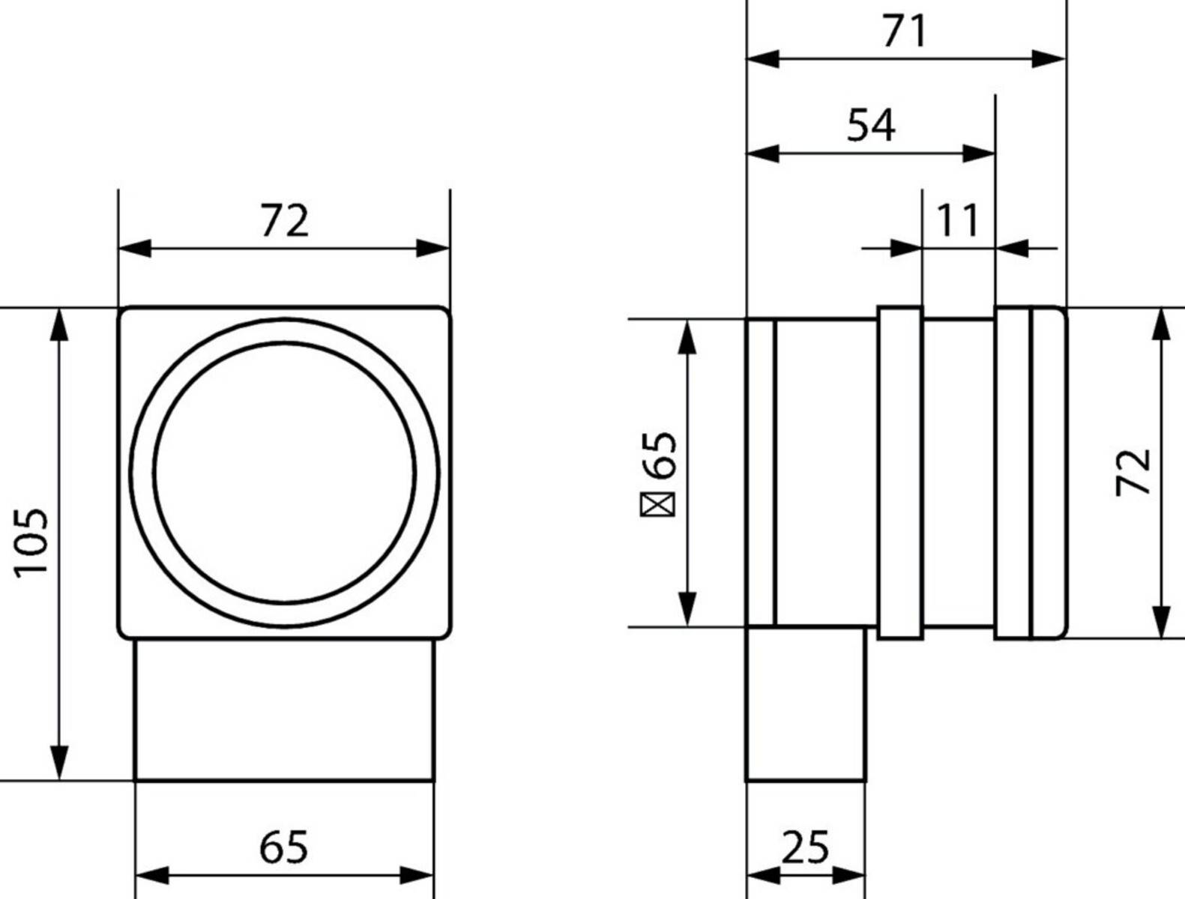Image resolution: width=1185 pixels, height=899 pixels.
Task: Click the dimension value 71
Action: (x=905, y=31)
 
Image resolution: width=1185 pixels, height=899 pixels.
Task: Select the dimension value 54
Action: (x=871, y=125)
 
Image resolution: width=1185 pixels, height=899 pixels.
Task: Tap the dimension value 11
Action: (x=958, y=220)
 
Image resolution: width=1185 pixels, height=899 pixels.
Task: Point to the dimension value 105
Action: (x=32, y=542)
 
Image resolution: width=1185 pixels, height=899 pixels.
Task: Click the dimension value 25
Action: (x=805, y=847)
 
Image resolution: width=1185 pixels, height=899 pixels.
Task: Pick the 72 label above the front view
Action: (x=284, y=221)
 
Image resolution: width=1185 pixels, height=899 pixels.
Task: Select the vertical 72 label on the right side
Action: (x=1133, y=471)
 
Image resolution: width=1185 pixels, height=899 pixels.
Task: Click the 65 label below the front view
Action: (x=284, y=847)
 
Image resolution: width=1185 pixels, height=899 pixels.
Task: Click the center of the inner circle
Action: (x=284, y=473)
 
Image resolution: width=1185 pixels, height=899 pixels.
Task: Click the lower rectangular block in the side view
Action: (x=806, y=703)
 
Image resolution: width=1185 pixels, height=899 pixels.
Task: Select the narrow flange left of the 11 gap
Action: (x=899, y=473)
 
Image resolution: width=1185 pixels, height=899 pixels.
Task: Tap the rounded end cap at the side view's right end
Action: (x=1048, y=473)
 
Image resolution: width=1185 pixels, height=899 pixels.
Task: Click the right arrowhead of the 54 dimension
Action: (x=980, y=154)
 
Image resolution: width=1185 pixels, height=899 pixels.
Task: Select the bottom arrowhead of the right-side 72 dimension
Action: (x=1160, y=622)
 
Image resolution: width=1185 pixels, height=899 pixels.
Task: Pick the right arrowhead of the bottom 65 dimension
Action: (x=417, y=874)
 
